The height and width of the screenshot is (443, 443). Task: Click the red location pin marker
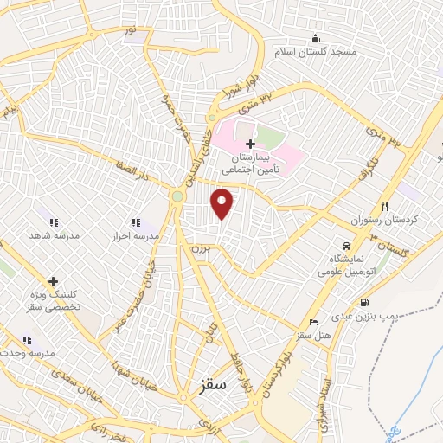tap(222, 203)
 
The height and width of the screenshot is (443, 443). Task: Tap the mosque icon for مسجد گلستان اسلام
tap(314, 38)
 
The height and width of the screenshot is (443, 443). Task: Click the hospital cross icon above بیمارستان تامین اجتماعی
tap(250, 143)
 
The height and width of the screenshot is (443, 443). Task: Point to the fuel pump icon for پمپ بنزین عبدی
tap(364, 302)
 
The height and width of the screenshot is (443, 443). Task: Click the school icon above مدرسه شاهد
tap(53, 221)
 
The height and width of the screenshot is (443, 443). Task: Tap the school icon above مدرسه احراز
tap(135, 221)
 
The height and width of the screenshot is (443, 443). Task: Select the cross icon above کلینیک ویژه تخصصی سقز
tap(53, 281)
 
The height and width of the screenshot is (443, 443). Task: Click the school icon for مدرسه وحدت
tap(27, 340)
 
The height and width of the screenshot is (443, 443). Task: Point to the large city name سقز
tap(211, 387)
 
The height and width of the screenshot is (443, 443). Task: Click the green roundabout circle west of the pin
tap(177, 196)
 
